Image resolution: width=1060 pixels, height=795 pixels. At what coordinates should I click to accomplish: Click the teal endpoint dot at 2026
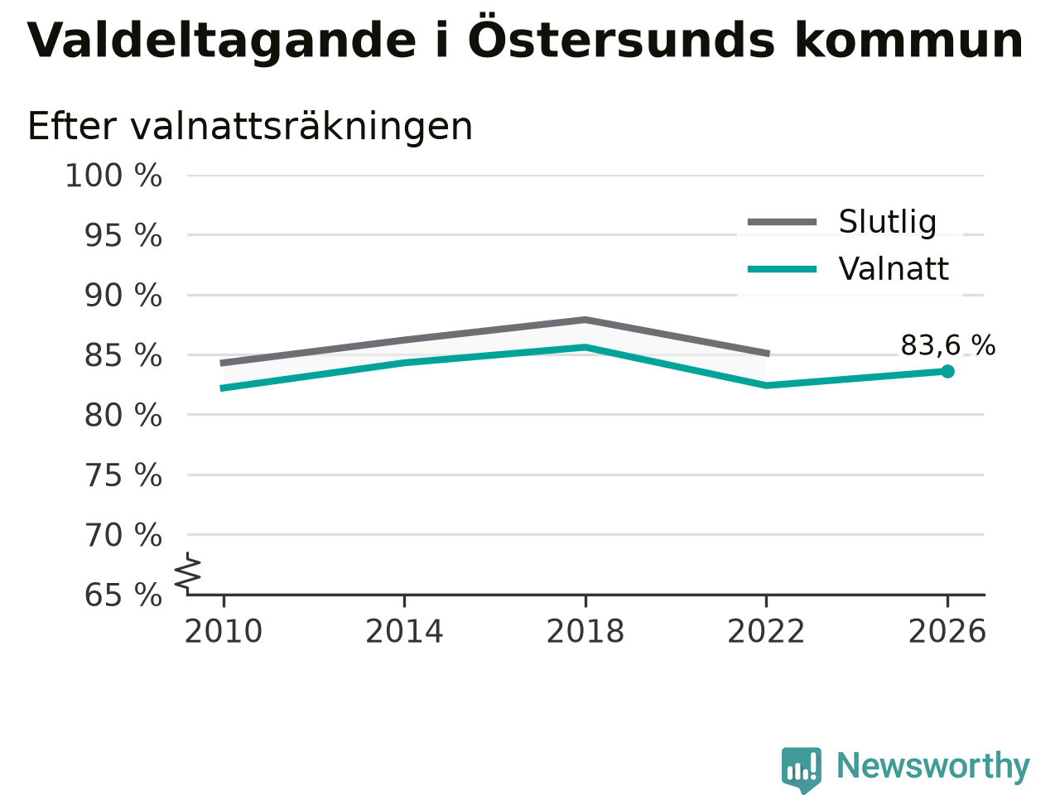947,371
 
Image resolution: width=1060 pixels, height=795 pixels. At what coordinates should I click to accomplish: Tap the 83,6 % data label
948,345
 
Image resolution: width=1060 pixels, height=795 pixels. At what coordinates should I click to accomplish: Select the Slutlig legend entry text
888,222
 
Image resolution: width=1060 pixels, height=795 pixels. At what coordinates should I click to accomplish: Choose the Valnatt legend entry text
894,269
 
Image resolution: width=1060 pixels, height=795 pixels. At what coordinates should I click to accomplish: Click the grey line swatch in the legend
782,222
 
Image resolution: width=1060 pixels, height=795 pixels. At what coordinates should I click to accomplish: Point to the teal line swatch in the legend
782,269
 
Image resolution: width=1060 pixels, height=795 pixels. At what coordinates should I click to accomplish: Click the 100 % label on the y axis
113,176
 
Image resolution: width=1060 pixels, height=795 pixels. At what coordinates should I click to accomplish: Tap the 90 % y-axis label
123,296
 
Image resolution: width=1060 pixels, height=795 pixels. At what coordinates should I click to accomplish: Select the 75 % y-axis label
123,475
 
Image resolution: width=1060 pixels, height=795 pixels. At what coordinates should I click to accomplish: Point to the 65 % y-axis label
123,595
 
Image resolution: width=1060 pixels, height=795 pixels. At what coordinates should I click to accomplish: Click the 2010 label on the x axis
223,631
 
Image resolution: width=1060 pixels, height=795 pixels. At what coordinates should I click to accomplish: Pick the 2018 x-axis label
585,631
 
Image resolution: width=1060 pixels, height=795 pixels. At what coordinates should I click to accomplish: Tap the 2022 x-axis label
766,631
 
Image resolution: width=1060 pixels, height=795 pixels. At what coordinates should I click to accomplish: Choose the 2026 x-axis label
947,631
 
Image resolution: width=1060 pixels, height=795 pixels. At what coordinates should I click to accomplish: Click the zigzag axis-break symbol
188,573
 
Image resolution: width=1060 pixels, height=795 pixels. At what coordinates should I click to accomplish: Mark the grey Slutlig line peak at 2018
585,320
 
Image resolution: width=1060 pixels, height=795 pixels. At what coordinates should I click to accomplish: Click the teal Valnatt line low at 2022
766,386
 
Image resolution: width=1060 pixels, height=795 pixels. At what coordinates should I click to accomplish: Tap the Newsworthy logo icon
801,770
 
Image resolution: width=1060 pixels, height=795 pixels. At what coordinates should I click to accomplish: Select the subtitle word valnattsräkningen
301,127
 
